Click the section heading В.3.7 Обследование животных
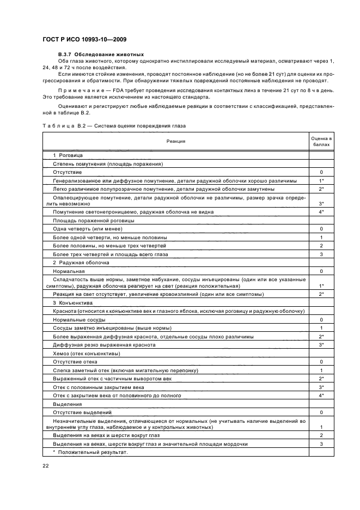101,54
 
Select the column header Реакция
176,141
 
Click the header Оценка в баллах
321,141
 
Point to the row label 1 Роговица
67,155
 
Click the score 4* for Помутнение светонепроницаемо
321,212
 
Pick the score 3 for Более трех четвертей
321,254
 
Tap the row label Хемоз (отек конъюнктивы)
83,354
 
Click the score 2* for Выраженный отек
321,378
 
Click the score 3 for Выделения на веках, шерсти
321,444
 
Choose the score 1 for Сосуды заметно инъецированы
321,328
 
